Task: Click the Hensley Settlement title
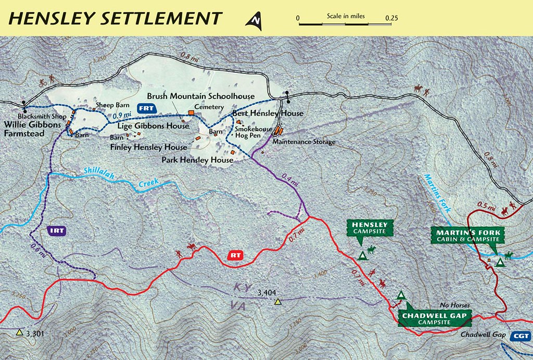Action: [x=116, y=18]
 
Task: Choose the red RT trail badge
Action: [x=236, y=255]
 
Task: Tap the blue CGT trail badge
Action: [x=521, y=336]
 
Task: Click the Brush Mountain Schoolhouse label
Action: [x=200, y=96]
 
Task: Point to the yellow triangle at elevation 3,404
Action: [x=278, y=302]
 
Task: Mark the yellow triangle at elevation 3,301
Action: [x=20, y=332]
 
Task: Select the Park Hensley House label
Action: [x=197, y=160]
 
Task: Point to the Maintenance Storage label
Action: [x=304, y=142]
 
